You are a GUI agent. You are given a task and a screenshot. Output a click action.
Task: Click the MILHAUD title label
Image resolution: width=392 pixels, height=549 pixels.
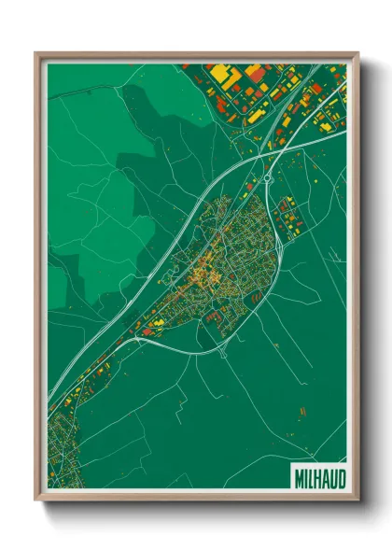318,478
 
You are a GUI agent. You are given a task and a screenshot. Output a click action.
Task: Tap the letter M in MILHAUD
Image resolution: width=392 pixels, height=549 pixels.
299,478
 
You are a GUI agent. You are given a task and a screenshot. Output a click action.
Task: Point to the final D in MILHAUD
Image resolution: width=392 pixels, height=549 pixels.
339,478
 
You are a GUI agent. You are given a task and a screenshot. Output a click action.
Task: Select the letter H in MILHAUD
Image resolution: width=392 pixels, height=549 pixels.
316,478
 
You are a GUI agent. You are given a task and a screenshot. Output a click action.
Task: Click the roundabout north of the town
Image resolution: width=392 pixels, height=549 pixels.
267,177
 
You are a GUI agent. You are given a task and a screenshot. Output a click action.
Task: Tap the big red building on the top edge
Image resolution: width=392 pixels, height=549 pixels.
258,71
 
